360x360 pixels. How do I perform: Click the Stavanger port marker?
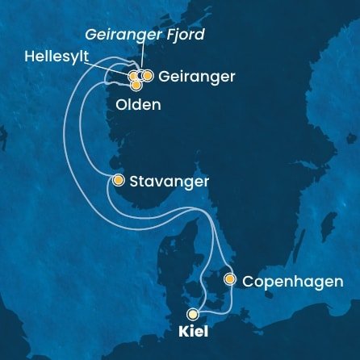pos(119,181)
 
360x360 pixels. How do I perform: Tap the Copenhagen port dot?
pos(230,280)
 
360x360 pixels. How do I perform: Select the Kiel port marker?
pos(192,315)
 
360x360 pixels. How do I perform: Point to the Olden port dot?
pos(136,84)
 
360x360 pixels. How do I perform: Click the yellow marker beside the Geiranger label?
pos(148,76)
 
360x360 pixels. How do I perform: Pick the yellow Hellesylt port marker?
pos(133,76)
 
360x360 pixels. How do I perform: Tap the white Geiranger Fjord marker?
pos(140,76)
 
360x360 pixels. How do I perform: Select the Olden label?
pos(139,105)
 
